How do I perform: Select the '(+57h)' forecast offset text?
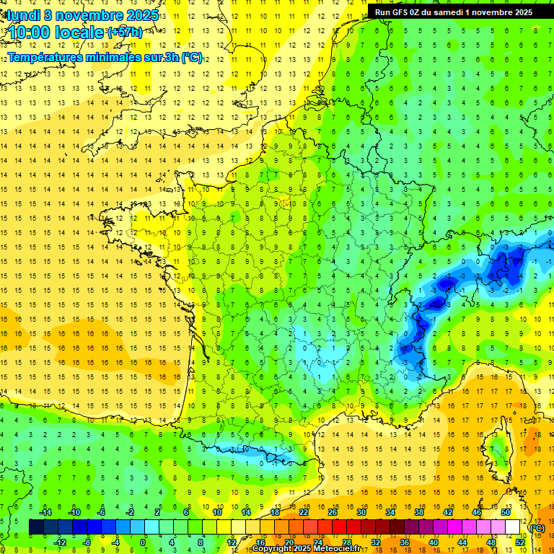(125, 32)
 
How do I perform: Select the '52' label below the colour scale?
(520, 542)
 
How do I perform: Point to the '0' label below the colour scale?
(143, 542)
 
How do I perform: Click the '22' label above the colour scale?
(304, 512)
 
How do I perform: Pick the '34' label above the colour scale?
(390, 512)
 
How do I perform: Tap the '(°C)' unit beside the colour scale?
(537, 528)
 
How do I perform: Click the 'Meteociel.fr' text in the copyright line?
(336, 549)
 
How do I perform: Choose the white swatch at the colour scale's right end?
(513, 527)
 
